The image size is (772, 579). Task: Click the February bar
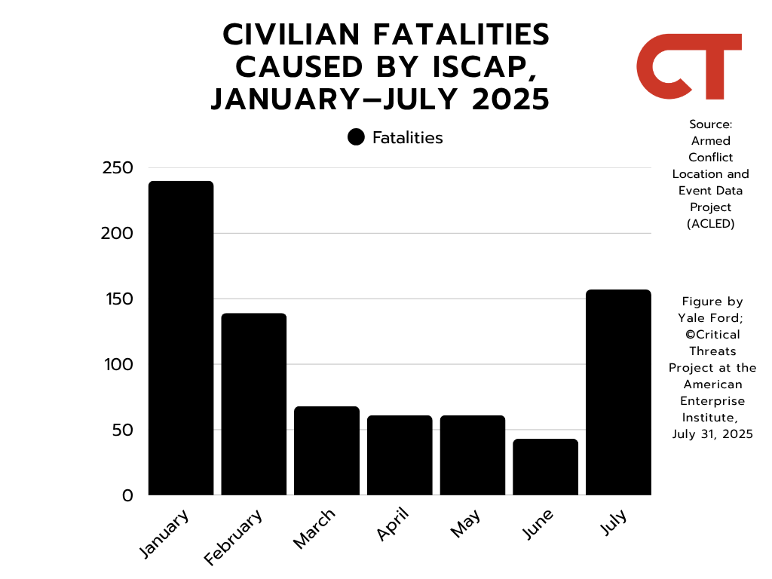254,404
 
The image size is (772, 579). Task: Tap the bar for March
326,451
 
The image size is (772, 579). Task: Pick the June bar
546,467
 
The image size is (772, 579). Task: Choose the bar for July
618,392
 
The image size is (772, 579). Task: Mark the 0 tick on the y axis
127,496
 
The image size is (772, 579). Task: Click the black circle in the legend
357,137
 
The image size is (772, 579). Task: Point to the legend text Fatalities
407,137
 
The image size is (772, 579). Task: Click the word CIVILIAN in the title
298,34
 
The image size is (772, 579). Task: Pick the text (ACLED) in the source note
710,223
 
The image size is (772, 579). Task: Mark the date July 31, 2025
712,433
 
